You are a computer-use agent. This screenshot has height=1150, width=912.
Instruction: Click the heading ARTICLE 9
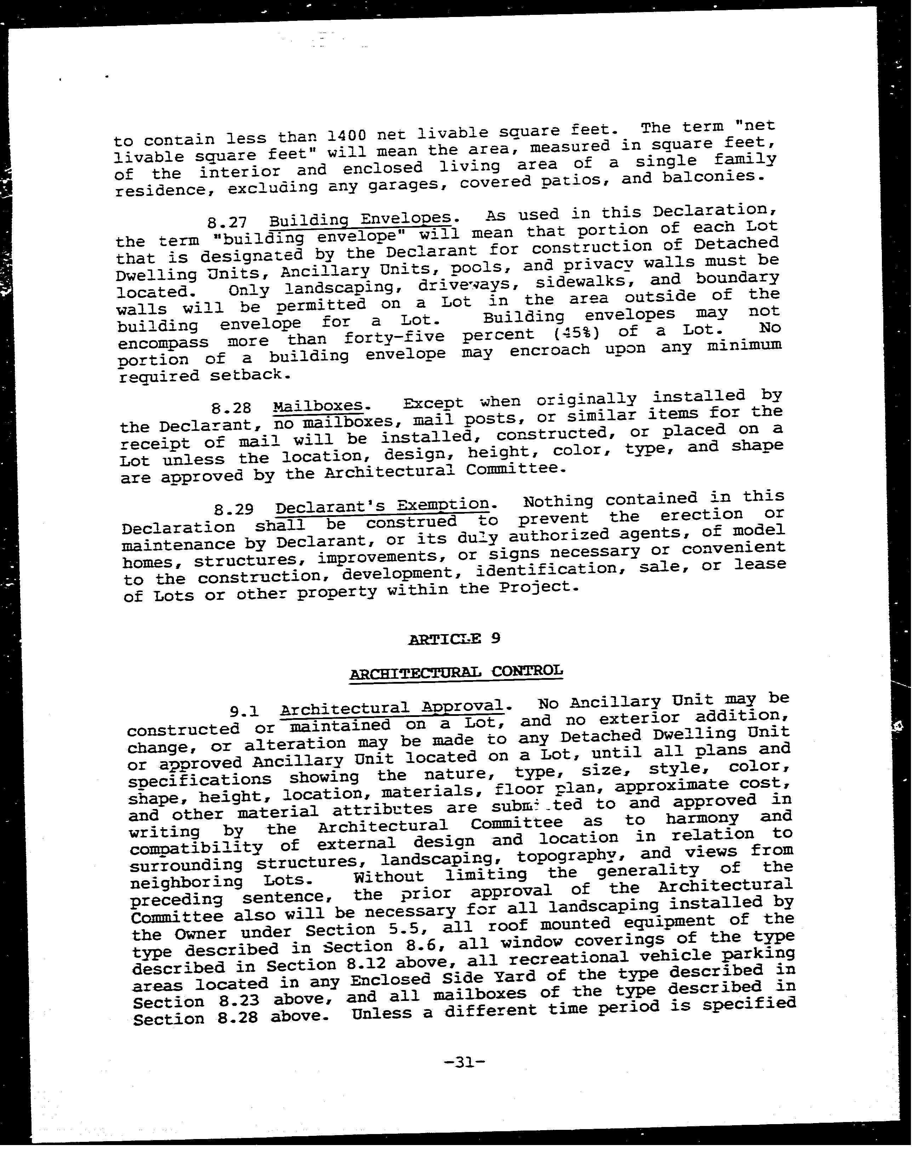454,638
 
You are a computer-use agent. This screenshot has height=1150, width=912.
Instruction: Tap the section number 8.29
234,509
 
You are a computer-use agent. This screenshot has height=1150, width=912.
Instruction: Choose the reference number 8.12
369,964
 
